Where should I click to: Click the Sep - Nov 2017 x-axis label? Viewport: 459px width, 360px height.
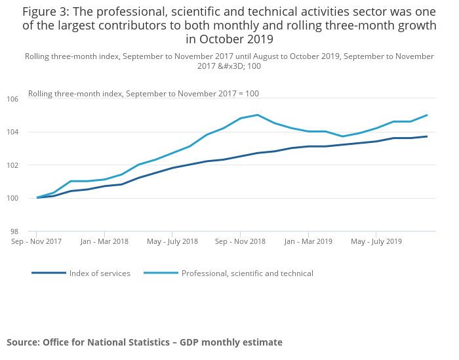(36, 241)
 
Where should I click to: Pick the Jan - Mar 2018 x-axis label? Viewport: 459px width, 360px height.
(104, 241)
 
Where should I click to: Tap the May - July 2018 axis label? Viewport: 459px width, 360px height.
(172, 241)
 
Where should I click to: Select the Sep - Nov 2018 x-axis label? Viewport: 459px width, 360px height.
(240, 241)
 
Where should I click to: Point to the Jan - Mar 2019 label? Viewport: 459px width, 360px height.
(308, 241)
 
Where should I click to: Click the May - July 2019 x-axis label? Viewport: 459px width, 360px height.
(376, 241)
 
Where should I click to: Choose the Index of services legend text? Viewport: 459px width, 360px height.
(100, 273)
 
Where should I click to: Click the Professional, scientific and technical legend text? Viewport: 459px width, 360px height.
(247, 273)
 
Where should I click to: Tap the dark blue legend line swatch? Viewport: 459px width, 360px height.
(49, 273)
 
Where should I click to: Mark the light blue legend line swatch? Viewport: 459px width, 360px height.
(161, 273)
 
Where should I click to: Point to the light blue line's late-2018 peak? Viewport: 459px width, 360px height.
(257, 115)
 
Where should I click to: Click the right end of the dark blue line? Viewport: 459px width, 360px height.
(427, 136)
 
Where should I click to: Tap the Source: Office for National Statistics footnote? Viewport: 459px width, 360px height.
(144, 342)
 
